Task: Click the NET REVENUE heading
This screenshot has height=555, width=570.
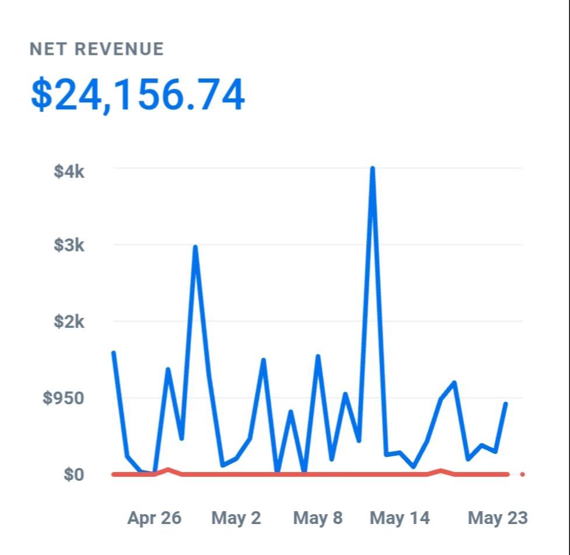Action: click(x=97, y=50)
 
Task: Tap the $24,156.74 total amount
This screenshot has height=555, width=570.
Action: click(x=138, y=95)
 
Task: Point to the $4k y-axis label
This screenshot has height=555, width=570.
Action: click(x=69, y=172)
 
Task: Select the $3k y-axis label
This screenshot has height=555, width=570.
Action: click(x=69, y=245)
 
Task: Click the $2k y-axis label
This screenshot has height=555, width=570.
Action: click(x=69, y=321)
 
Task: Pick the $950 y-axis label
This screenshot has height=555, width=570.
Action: click(x=64, y=398)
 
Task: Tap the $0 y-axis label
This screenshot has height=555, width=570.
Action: click(x=74, y=474)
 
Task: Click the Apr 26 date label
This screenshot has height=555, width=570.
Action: click(x=154, y=518)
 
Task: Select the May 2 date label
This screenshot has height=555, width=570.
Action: click(x=236, y=518)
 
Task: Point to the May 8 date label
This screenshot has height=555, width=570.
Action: click(x=318, y=518)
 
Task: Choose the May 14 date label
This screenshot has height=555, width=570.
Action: click(x=400, y=518)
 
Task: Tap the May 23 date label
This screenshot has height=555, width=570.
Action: click(x=498, y=518)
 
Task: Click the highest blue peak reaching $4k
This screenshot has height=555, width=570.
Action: click(x=372, y=169)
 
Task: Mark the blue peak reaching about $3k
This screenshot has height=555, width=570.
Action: click(x=195, y=247)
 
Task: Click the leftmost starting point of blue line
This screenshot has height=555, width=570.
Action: click(x=113, y=352)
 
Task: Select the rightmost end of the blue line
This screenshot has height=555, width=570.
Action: click(x=506, y=404)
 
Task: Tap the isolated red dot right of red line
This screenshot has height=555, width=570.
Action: click(x=522, y=474)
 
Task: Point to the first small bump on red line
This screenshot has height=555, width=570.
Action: click(x=168, y=470)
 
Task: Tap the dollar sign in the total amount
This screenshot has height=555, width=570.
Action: click(x=41, y=95)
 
